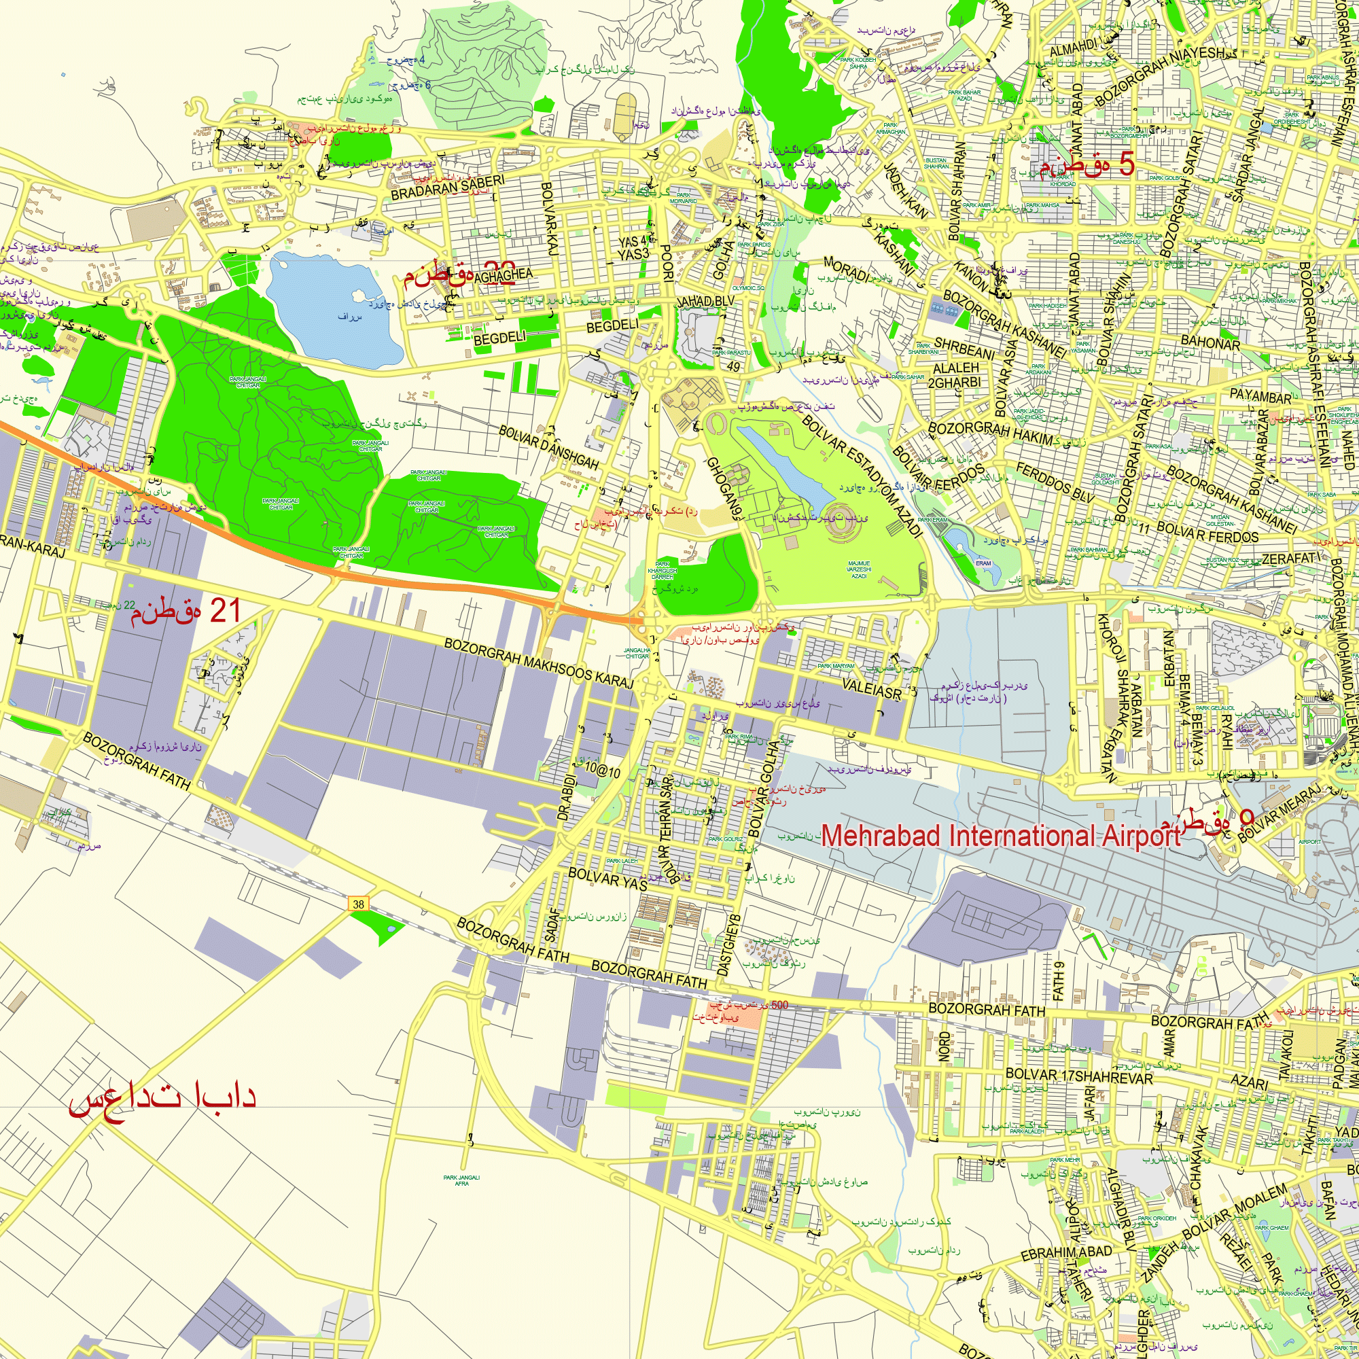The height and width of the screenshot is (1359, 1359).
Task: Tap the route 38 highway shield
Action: pos(359,904)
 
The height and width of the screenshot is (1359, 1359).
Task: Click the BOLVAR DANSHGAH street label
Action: pos(548,447)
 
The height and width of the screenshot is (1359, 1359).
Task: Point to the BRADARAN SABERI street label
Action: pos(447,188)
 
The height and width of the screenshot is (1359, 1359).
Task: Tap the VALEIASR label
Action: pos(872,689)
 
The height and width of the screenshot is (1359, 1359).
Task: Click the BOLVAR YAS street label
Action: pos(607,879)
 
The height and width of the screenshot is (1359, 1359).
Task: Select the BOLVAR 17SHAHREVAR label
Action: pos(1079,1076)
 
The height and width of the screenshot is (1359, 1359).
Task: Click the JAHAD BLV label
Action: pos(705,302)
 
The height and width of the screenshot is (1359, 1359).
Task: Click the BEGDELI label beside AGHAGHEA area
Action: pos(499,338)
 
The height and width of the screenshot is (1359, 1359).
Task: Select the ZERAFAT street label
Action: pos(1292,559)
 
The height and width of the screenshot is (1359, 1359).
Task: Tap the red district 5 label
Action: pos(1087,164)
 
